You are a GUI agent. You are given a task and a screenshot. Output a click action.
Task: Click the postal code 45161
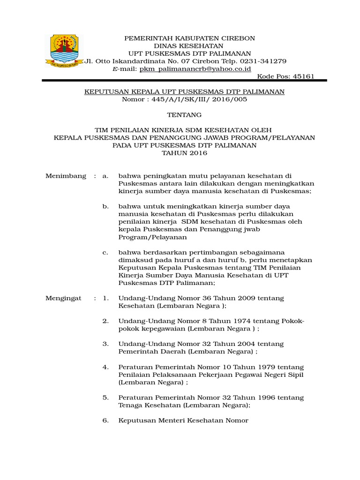click(303, 76)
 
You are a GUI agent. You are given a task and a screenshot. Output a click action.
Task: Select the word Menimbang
click(66, 176)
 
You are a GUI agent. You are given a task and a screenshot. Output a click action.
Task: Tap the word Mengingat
click(63, 298)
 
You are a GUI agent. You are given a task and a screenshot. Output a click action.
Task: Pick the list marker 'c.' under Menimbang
click(105, 252)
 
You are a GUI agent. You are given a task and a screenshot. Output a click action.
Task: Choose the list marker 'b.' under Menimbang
click(105, 206)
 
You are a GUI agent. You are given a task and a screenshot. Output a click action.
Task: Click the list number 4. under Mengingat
click(105, 367)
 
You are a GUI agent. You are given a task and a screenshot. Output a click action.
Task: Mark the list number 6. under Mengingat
click(105, 420)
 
